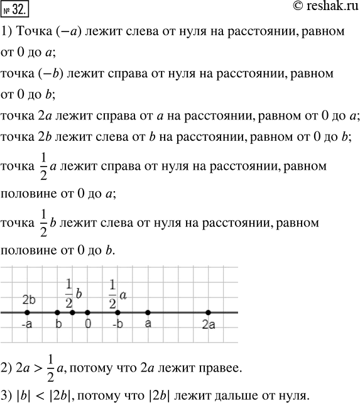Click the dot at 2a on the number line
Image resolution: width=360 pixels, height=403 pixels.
208,312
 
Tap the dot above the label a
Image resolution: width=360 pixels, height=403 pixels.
148,312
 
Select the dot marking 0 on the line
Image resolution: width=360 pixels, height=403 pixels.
87,312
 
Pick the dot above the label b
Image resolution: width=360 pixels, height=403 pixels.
57,312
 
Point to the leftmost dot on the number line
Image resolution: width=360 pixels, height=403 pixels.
27,312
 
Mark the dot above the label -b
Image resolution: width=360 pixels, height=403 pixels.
117,312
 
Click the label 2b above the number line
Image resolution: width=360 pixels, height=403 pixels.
28,299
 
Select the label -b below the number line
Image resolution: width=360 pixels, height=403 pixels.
117,325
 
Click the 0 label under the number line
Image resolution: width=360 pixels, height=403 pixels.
89,325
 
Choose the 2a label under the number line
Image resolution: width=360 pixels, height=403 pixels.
209,325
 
